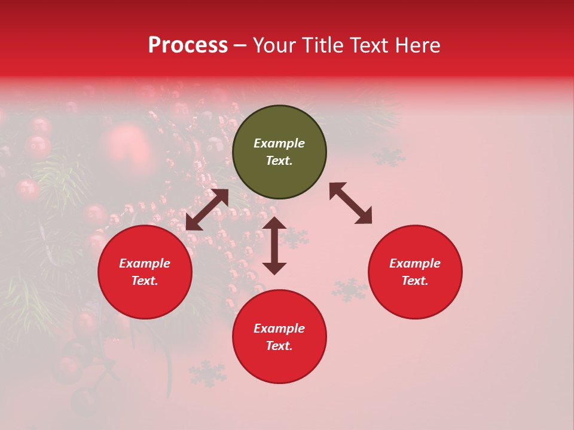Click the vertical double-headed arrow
(x=274, y=245)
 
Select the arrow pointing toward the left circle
(x=207, y=210)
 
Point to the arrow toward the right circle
(x=351, y=203)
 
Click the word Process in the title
(x=188, y=45)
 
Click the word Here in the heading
(x=419, y=45)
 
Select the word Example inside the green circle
(x=279, y=143)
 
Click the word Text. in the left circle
(x=145, y=281)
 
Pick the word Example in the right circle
(x=415, y=263)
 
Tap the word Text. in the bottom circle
(x=279, y=346)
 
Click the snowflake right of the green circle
(x=389, y=156)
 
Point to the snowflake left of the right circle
(x=350, y=290)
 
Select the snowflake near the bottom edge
(x=207, y=374)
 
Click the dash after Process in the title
(x=240, y=45)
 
